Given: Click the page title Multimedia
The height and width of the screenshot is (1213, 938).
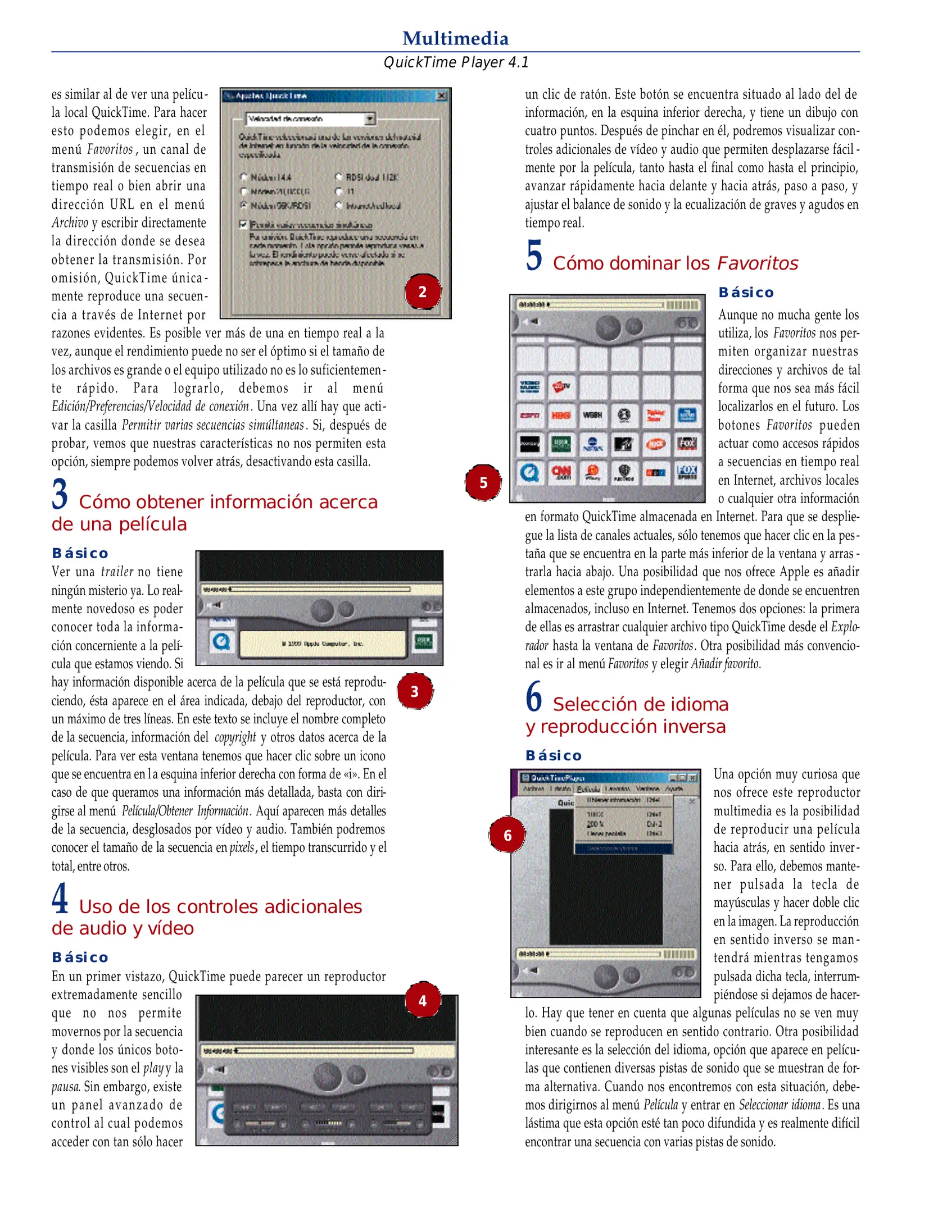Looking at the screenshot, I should point(455,38).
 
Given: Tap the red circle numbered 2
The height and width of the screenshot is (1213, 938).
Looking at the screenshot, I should point(422,291).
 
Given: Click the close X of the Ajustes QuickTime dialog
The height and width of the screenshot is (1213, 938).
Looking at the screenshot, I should point(442,96).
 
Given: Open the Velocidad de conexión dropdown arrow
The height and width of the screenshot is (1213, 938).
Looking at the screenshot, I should point(370,118).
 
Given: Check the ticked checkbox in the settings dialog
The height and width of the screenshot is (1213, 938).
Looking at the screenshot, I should point(243,225).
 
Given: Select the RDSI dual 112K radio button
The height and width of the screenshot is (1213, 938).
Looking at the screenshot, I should point(339,177).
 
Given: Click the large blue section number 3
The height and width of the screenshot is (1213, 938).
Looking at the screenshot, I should point(60,494).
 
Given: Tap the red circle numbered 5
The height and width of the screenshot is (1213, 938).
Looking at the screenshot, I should point(483,482).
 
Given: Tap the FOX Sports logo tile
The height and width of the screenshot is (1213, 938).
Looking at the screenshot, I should point(687,472).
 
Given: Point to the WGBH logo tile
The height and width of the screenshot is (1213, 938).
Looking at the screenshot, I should point(592,415).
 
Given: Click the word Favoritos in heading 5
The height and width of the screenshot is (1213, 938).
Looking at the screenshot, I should point(758,263).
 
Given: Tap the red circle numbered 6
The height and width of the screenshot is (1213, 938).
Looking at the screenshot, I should point(507,835).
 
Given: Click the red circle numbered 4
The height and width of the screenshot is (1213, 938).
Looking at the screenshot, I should point(423,1001).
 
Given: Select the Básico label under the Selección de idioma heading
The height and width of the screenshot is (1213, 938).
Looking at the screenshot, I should point(554,756).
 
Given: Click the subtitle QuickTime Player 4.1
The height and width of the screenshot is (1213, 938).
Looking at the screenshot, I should point(456,62).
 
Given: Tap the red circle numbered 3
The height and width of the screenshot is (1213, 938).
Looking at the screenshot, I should point(415,691).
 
